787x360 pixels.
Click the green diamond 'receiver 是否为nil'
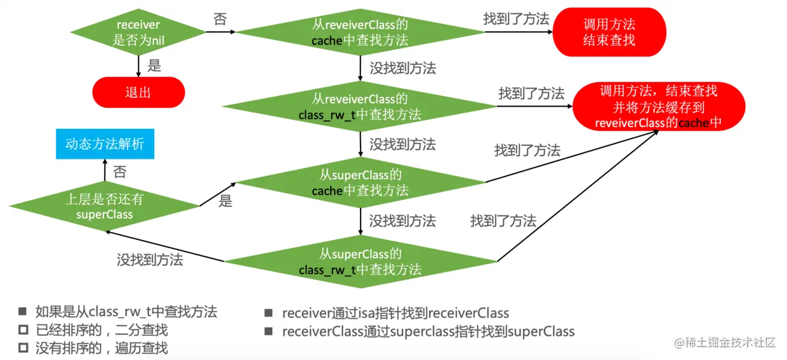pos(138,32)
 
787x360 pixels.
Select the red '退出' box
pos(138,93)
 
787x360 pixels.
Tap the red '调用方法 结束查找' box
pos(609,32)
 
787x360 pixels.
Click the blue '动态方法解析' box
pos(105,143)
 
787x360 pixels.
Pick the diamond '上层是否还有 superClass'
pos(105,206)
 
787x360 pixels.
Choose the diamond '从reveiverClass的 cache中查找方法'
pos(360,32)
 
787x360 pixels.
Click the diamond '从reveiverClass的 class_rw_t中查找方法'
pos(360,107)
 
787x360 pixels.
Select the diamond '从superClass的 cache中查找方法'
pos(360,182)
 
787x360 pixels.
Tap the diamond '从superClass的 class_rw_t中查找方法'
pos(360,261)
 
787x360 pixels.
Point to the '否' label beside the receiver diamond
pos(220,20)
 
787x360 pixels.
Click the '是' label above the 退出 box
pos(154,65)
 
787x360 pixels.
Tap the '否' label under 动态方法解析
pos(119,171)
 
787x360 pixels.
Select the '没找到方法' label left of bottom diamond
pos(150,259)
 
